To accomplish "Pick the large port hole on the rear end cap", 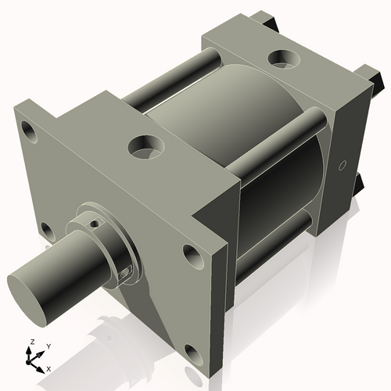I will pos(280,59).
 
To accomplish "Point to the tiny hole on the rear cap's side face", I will pos(343,166).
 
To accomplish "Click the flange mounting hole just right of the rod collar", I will pos(191,253).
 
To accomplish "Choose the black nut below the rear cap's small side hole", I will pos(359,184).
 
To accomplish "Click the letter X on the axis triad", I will pos(49,368).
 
